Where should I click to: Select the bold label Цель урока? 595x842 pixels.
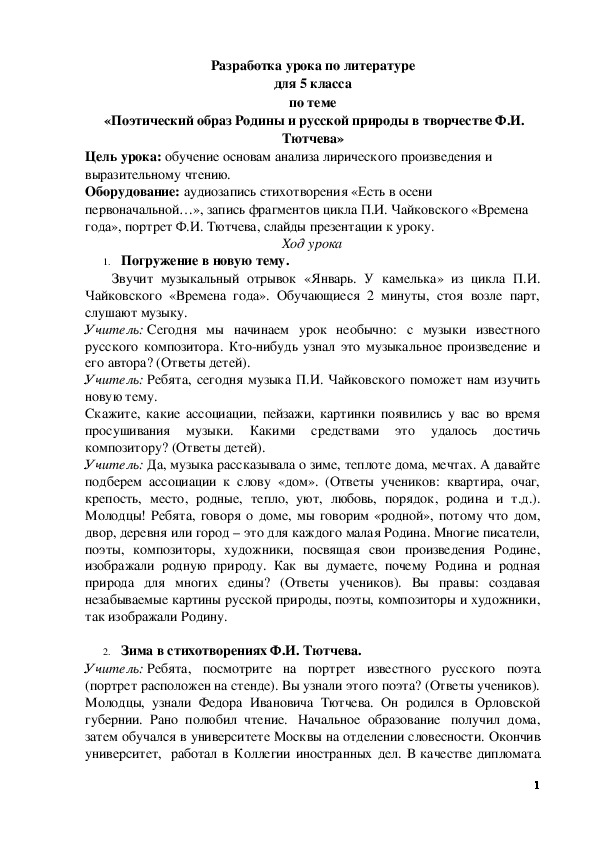122,157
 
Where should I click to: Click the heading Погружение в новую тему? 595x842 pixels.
190,261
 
